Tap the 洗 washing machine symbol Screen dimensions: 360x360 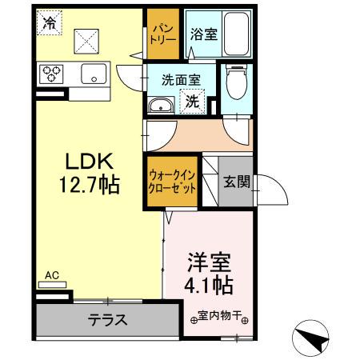point(193,102)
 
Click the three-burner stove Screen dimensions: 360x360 point(53,75)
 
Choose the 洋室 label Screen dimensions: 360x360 point(210,262)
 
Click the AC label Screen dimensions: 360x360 point(52,276)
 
